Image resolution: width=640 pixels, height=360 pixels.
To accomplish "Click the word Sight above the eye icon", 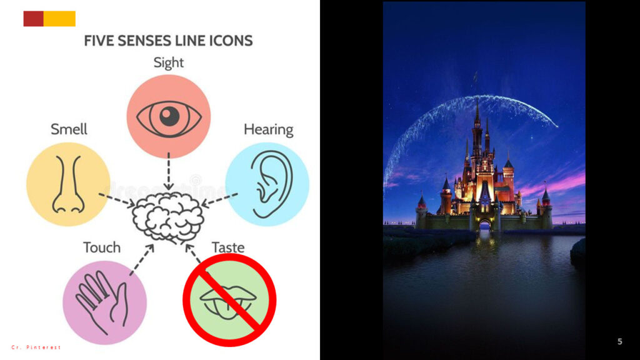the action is click(169, 62).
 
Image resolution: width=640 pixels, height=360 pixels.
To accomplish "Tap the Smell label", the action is click(69, 129).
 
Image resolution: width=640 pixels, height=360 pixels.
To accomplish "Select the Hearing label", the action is click(269, 129).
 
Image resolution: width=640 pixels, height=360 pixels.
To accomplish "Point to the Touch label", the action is click(102, 247).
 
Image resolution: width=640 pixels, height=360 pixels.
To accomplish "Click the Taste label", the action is click(228, 247).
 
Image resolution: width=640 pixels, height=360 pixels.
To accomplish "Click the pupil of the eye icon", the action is click(169, 117).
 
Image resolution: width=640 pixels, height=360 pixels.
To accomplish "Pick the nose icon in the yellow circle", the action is click(68, 184).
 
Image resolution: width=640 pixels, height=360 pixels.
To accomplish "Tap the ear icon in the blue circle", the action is click(271, 184).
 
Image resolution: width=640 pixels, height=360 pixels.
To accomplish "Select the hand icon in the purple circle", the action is click(102, 302).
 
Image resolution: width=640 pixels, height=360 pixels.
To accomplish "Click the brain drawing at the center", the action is click(167, 217).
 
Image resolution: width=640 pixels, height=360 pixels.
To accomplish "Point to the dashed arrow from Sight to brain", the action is click(169, 171).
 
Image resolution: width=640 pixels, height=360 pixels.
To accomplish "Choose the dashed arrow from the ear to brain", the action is click(219, 200).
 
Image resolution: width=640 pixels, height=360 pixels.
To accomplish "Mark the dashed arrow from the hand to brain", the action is click(142, 259).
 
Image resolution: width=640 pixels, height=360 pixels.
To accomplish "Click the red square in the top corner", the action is click(34, 19).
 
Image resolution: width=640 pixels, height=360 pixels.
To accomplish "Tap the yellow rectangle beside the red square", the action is click(59, 19).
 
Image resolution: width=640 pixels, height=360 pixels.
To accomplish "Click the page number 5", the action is click(619, 341).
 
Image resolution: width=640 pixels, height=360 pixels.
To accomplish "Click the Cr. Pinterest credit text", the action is click(36, 347).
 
